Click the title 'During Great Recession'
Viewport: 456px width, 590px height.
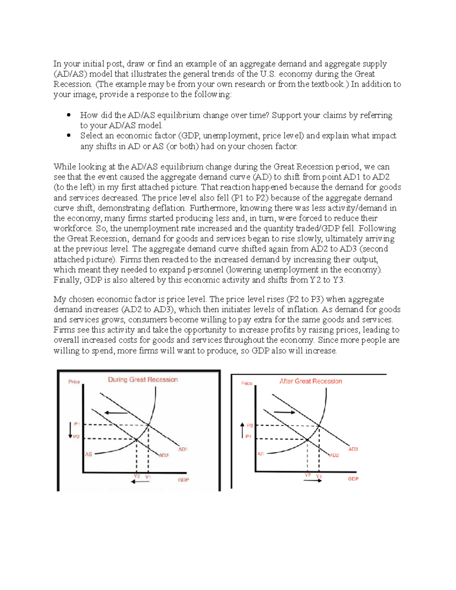(x=142, y=380)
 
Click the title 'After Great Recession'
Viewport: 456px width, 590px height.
(x=310, y=381)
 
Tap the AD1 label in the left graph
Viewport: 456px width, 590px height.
(x=182, y=449)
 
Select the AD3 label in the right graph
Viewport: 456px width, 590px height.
(x=353, y=449)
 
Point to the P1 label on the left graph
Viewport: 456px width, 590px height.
(x=77, y=424)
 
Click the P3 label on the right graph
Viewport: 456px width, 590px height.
(x=250, y=425)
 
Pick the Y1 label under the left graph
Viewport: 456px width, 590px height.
(x=148, y=476)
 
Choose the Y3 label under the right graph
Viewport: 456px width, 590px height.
(x=319, y=476)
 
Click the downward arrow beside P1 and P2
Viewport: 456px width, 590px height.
(x=70, y=430)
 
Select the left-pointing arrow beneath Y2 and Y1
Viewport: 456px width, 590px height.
(x=140, y=482)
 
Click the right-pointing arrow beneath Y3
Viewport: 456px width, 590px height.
(x=312, y=481)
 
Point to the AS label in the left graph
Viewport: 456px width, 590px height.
(x=88, y=454)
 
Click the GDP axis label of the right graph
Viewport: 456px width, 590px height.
(x=353, y=479)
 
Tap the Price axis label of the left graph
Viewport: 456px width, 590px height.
(x=74, y=381)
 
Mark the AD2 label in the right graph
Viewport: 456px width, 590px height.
(x=334, y=455)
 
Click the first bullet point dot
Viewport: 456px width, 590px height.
(x=69, y=115)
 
